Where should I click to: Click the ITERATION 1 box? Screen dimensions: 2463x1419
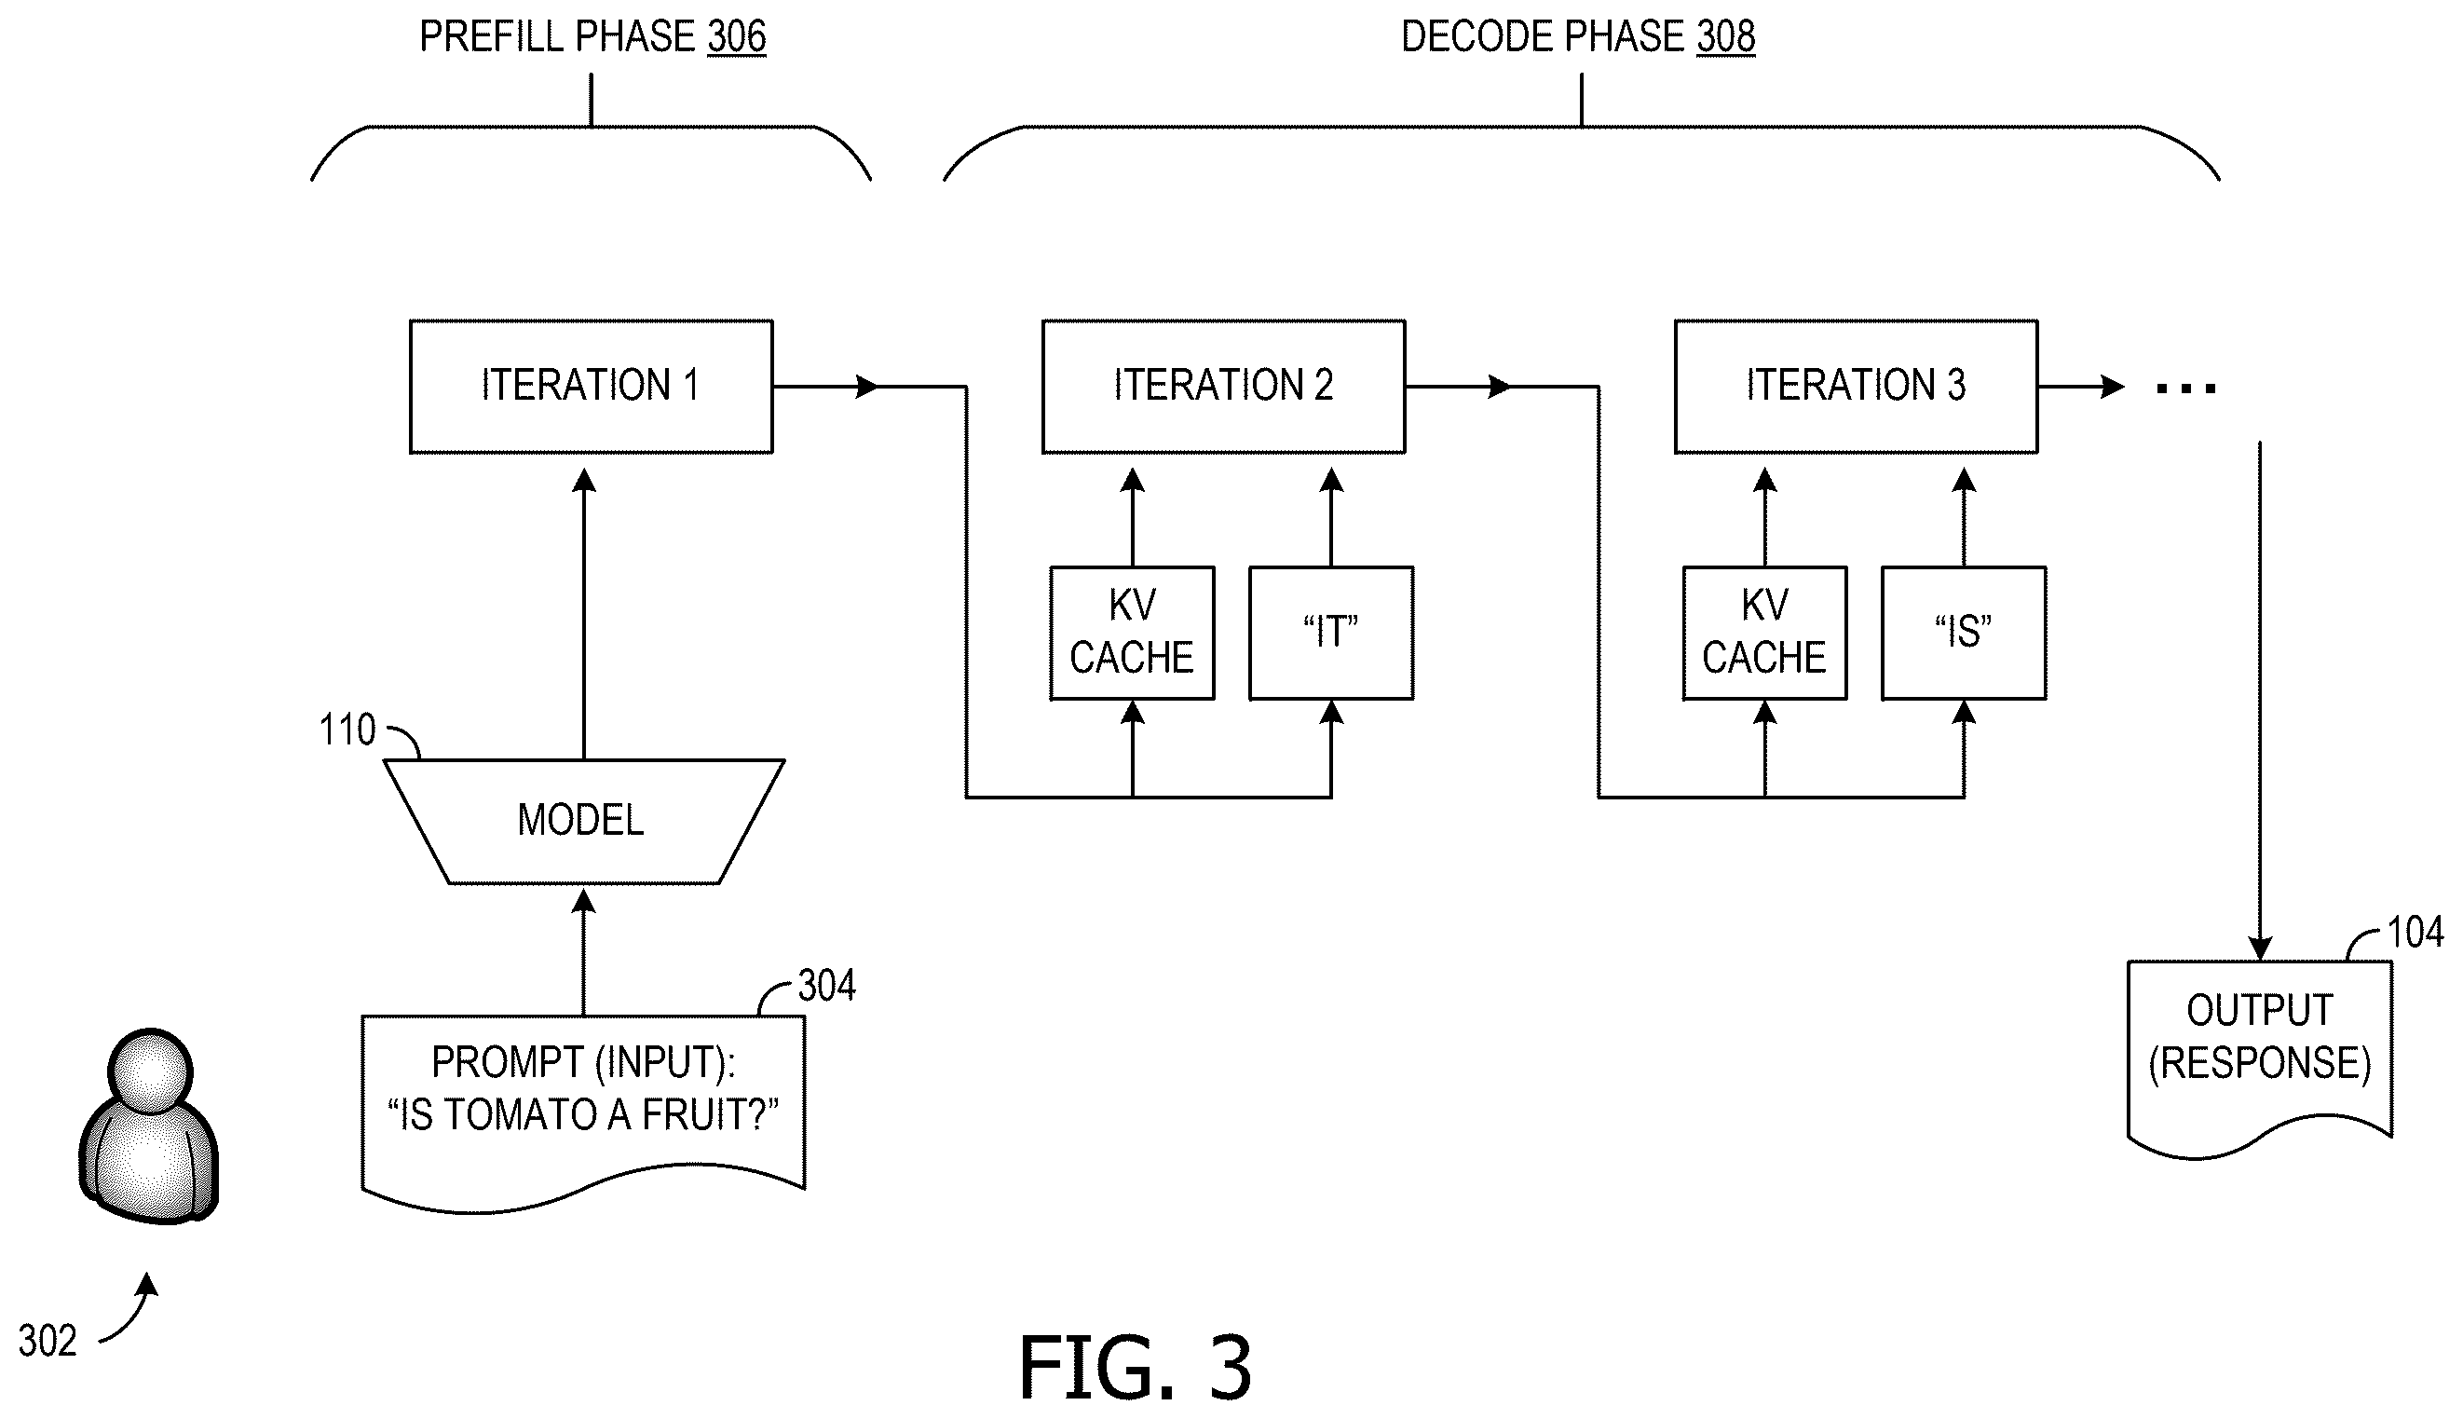[592, 387]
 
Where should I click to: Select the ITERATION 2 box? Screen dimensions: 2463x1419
[1224, 387]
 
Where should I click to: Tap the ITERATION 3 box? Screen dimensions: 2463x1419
[1856, 387]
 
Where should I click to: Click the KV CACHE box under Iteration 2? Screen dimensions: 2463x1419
[1132, 634]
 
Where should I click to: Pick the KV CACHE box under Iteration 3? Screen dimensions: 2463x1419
[1764, 634]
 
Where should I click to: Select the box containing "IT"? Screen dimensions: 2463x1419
[1331, 634]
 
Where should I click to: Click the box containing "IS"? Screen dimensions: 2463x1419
[1963, 634]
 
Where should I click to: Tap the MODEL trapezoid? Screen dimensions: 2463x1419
[583, 822]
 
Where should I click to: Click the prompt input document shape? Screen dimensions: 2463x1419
[583, 1114]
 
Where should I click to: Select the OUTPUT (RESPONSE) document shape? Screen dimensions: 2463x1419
[2259, 1058]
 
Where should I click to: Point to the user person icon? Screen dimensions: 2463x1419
[149, 1126]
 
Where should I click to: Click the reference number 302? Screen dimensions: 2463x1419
[48, 1341]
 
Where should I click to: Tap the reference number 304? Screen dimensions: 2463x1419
[827, 987]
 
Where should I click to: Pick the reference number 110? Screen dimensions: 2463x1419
[347, 730]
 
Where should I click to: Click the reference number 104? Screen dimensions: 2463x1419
[2415, 933]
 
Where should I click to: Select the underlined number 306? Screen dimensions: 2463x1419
[737, 37]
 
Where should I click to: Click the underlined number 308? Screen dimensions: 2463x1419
[1725, 37]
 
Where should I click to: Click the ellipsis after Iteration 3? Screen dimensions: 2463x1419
[2186, 389]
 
